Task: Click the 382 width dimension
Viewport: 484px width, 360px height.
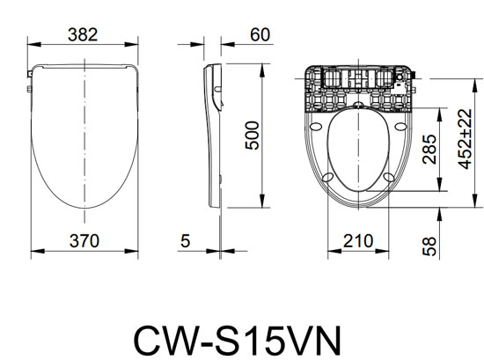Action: (84, 34)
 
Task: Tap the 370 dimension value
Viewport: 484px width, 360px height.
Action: (84, 240)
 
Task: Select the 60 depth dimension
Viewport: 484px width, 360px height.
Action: (258, 34)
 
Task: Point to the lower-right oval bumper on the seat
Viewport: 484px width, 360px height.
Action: (391, 178)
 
